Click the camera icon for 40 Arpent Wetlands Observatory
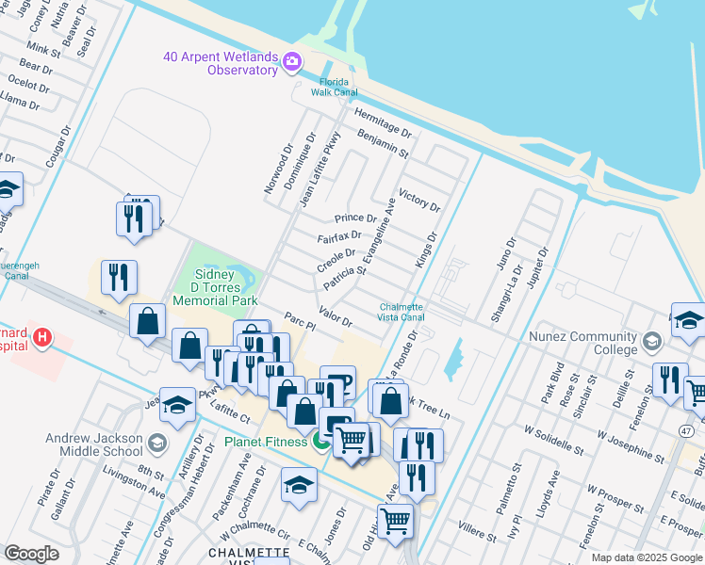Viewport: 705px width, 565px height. (x=292, y=63)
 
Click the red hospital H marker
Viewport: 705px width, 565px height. (x=41, y=336)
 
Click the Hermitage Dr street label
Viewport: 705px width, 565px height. (x=383, y=121)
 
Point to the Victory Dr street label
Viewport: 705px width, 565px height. (x=419, y=200)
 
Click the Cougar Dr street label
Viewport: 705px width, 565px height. (x=57, y=152)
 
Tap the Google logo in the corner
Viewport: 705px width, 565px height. (x=31, y=553)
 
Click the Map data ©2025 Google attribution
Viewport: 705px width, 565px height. (x=647, y=557)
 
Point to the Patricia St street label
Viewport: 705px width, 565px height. (x=344, y=278)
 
